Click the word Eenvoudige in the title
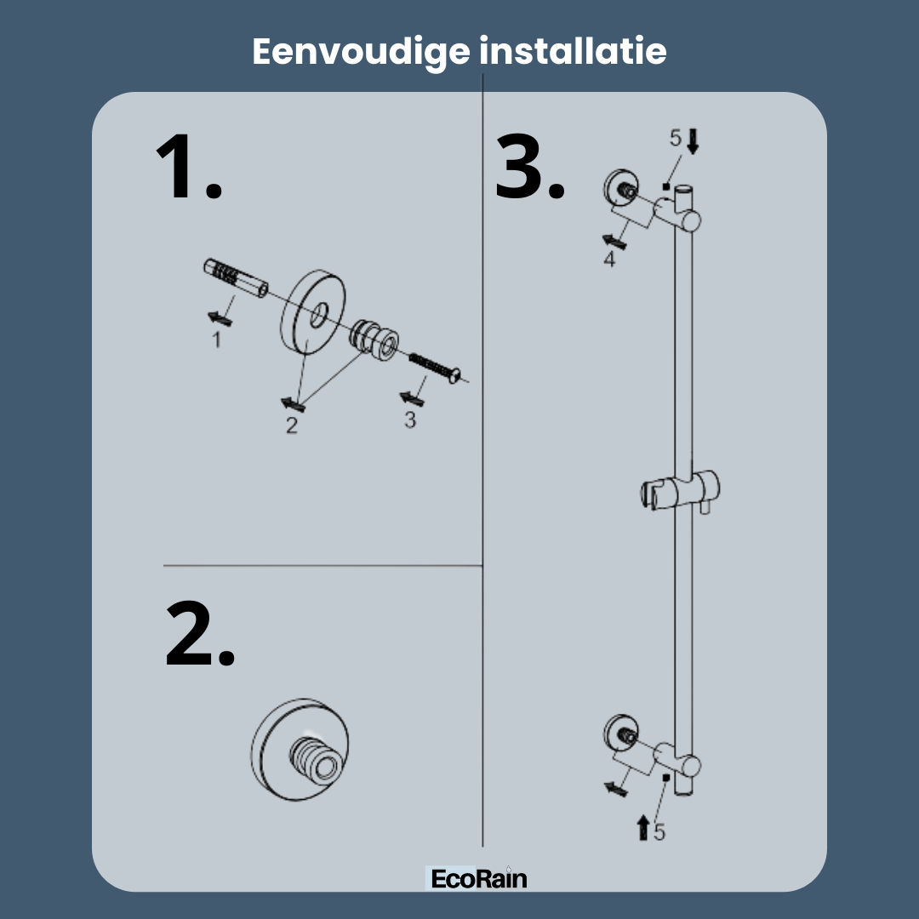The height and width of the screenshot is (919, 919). coord(361,53)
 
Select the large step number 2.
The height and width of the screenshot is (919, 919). coord(200,634)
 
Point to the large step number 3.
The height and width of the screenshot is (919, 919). coord(530,167)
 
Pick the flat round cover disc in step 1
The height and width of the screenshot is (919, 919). coord(313,312)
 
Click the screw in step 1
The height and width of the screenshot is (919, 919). coord(435,368)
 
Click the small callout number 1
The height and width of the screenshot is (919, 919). coord(217,340)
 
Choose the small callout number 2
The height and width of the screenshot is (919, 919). coord(291,425)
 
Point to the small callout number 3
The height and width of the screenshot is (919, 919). coord(409,420)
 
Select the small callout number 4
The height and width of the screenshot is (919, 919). coord(609,259)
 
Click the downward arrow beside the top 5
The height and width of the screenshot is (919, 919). coord(692,142)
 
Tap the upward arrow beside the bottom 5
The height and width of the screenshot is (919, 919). coord(643,827)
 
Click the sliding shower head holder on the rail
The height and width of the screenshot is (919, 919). coord(680,491)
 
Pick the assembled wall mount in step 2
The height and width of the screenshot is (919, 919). coord(300,749)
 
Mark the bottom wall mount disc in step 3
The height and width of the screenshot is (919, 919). coord(621,733)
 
